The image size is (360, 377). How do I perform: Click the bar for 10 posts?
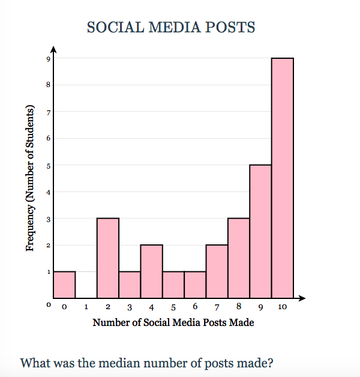[x=282, y=178]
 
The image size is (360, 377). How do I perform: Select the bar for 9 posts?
[x=260, y=231]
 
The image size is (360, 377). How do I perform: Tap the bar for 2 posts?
[x=108, y=258]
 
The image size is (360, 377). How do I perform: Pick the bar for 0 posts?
[x=64, y=285]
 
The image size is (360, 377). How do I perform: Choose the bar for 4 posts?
[x=151, y=271]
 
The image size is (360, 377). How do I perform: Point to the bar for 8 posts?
[x=239, y=258]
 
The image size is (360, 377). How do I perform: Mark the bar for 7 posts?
[x=217, y=271]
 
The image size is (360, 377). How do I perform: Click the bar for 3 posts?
[x=130, y=285]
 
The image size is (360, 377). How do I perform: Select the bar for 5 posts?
[x=173, y=285]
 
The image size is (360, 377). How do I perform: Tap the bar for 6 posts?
[x=195, y=285]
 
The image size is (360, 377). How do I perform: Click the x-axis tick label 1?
[x=86, y=307]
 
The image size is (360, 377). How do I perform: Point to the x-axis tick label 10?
[x=283, y=307]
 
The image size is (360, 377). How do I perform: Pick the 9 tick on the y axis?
[x=47, y=58]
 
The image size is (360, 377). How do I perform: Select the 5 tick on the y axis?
[x=47, y=165]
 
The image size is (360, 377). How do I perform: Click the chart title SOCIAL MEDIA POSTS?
[x=171, y=28]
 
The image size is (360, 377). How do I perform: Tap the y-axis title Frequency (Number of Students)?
[x=29, y=178]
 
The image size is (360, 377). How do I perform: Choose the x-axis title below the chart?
[x=173, y=323]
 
